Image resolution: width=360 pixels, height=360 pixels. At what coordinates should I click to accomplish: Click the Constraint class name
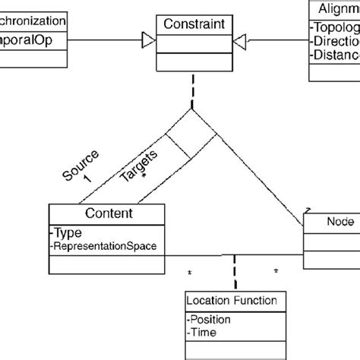click(x=194, y=25)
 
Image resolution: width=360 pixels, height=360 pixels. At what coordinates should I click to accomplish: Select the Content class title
click(x=106, y=213)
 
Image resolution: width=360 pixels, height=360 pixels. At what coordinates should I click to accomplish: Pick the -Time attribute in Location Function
click(x=205, y=332)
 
